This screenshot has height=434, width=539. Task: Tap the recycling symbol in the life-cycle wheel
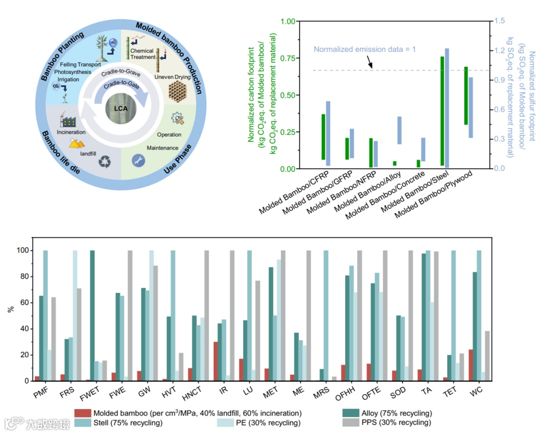(105, 161)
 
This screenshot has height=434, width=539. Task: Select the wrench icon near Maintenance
(138, 160)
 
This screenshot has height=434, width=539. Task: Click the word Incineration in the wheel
(71, 132)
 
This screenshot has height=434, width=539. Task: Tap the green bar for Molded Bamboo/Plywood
(466, 95)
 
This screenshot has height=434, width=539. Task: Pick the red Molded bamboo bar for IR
(215, 361)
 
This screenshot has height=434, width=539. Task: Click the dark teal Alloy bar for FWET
(92, 316)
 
